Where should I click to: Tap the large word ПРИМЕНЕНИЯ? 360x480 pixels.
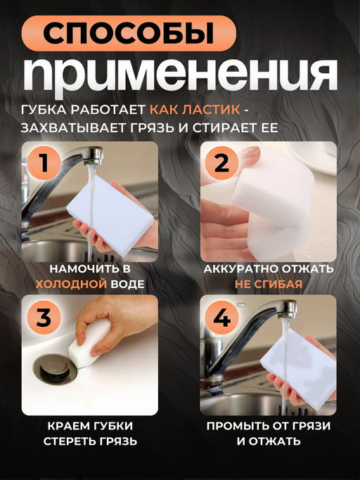pos(179,72)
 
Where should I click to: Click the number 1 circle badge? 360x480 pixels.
pos(43,164)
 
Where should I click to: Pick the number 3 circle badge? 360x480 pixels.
pos(43,318)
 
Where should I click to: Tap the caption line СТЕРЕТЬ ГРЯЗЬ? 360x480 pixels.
pos(89,441)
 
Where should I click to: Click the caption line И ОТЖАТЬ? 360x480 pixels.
pos(269,441)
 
